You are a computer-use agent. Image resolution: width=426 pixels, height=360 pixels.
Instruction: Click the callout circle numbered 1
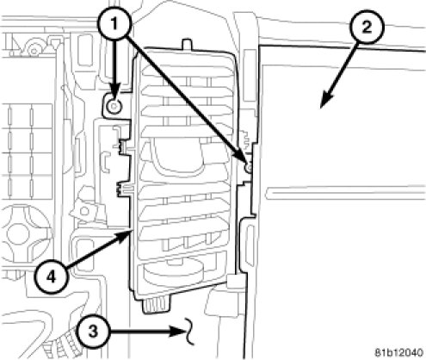(x=114, y=23)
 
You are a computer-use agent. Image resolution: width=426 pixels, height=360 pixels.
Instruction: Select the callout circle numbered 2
(x=366, y=28)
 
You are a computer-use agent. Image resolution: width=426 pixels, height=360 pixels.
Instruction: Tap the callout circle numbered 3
(x=93, y=332)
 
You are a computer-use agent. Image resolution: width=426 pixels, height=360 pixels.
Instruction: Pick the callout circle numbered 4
(x=51, y=277)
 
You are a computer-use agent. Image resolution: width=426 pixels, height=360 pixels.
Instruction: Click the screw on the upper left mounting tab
(x=114, y=107)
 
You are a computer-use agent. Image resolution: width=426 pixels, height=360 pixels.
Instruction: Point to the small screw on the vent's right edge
(x=249, y=167)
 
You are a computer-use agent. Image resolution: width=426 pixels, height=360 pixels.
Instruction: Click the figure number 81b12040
(x=399, y=352)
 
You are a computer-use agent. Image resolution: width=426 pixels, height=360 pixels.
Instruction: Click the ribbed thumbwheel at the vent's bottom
(x=157, y=305)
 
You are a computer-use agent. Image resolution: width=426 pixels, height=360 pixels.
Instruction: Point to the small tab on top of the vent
(x=187, y=44)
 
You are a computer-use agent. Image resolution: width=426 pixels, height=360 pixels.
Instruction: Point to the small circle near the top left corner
(x=34, y=51)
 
